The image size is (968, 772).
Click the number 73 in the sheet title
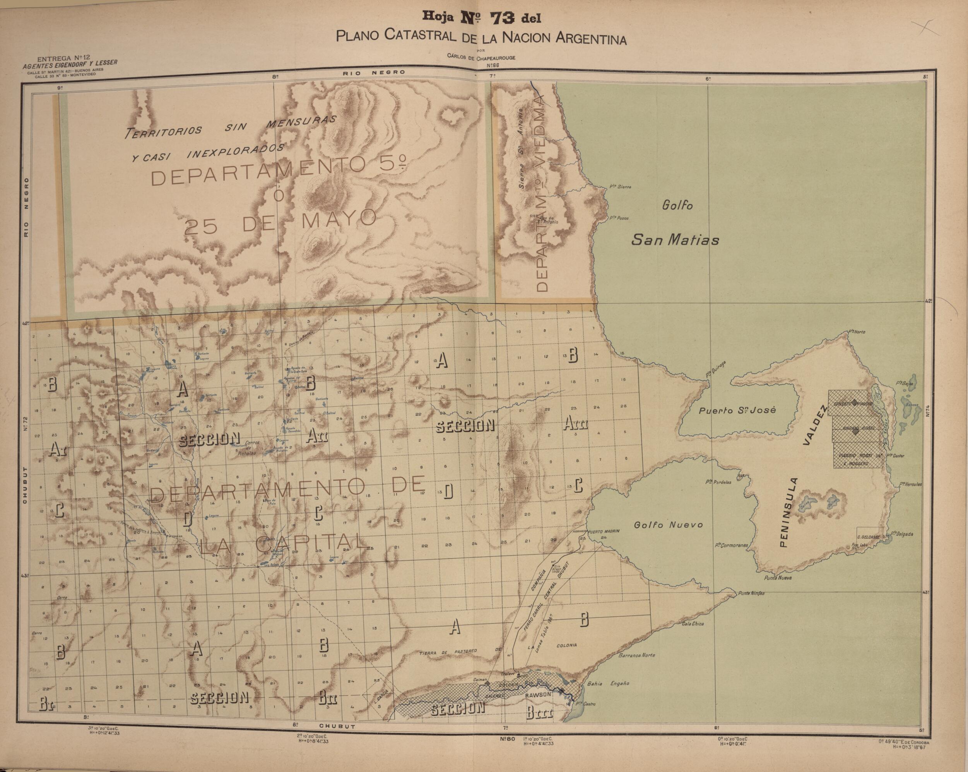(502, 19)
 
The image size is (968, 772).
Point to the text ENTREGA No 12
(63, 58)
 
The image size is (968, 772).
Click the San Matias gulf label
(675, 240)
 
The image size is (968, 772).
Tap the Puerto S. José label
(731, 410)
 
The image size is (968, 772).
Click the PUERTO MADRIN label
(604, 531)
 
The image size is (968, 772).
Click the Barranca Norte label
(637, 655)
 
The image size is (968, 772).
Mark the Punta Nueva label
(778, 578)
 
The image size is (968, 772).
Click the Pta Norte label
(856, 332)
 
